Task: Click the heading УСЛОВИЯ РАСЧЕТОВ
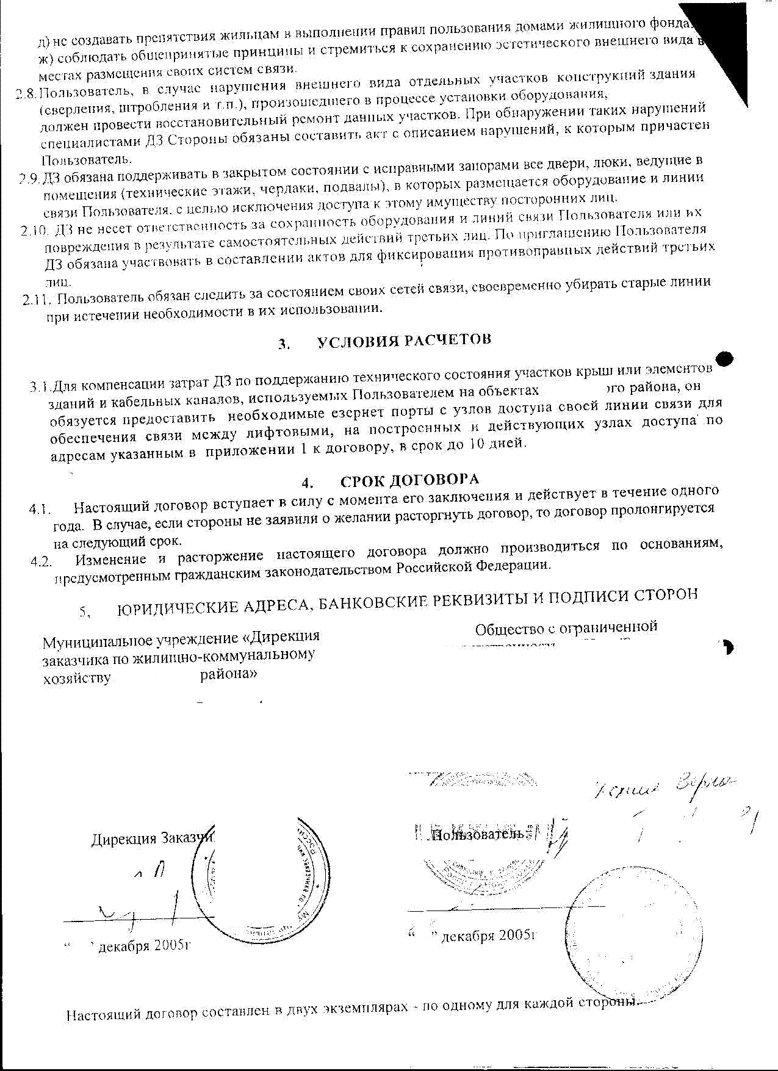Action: tap(404, 341)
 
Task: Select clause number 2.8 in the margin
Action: tap(26, 94)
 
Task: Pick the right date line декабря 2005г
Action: tap(488, 936)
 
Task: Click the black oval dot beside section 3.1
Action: tap(724, 359)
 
